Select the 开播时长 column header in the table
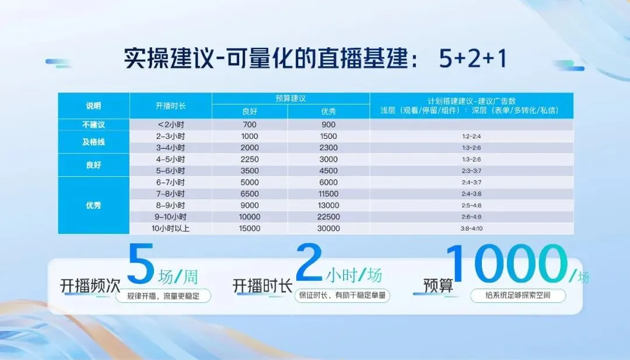(170, 106)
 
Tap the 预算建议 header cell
(290, 98)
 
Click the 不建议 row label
(93, 124)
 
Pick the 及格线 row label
(93, 142)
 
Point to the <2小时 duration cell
(170, 124)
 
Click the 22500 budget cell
(328, 217)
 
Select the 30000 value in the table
(328, 229)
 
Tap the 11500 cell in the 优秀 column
(328, 194)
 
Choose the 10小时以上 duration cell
(170, 229)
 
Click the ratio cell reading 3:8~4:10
(471, 229)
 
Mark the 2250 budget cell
(250, 159)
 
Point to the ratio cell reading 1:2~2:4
(471, 136)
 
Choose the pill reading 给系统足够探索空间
(518, 296)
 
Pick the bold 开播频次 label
(90, 285)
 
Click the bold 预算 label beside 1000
(438, 285)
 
